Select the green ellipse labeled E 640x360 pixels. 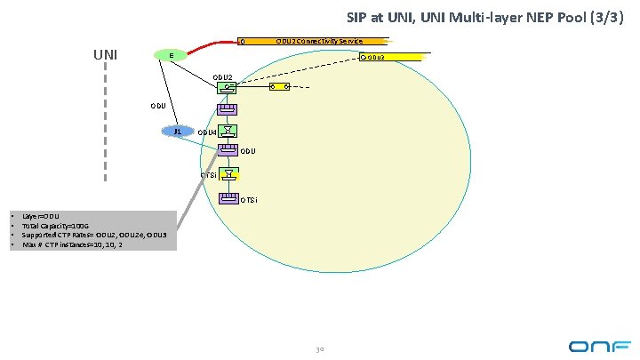[172, 55]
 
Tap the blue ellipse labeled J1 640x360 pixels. [178, 131]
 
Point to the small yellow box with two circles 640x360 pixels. [279, 86]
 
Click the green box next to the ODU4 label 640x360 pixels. [228, 131]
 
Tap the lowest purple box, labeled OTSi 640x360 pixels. [228, 196]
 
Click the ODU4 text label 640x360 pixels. [207, 132]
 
